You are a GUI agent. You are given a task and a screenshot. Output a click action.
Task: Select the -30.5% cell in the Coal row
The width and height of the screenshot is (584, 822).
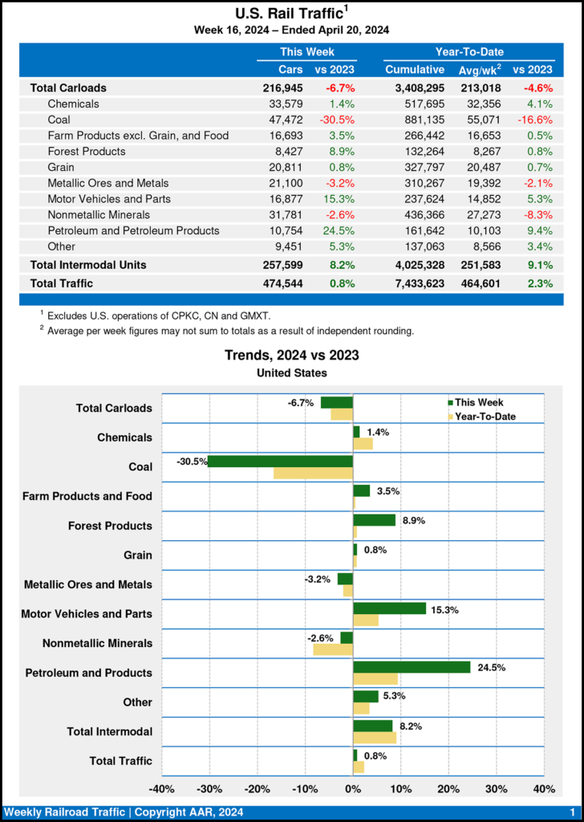point(338,119)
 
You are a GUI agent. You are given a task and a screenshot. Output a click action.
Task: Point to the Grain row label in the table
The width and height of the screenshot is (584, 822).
point(63,167)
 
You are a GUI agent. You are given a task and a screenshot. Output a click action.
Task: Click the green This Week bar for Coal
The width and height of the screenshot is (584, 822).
point(281,462)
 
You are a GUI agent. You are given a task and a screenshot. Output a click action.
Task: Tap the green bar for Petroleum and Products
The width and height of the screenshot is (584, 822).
point(412,667)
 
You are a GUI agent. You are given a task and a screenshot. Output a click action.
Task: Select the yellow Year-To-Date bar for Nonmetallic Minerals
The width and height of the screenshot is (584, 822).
point(333,649)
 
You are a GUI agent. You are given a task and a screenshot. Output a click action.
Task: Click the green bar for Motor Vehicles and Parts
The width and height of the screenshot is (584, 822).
point(389,608)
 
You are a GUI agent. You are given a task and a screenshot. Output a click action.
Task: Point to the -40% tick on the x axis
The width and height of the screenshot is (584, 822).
point(162,788)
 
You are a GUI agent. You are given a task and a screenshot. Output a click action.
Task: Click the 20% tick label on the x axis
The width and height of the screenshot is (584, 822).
point(448,788)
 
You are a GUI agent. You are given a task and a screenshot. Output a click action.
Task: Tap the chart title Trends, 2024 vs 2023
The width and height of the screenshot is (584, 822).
point(291,355)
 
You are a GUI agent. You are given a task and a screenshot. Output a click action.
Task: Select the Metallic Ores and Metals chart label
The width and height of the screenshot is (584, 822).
point(87,585)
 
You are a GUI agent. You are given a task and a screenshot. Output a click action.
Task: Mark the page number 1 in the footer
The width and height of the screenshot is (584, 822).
point(572,813)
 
